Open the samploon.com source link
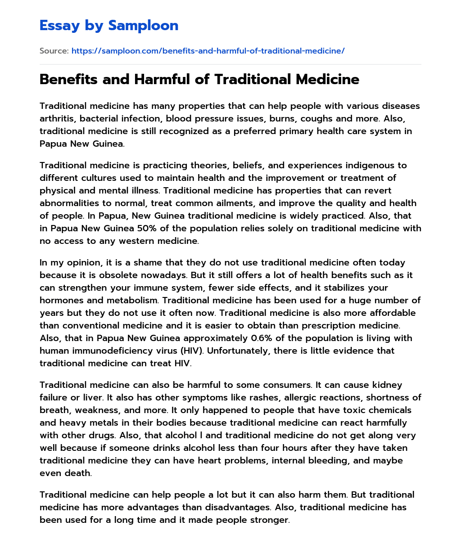pyautogui.click(x=208, y=51)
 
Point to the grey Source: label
pyautogui.click(x=54, y=51)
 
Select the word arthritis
pyautogui.click(x=57, y=119)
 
